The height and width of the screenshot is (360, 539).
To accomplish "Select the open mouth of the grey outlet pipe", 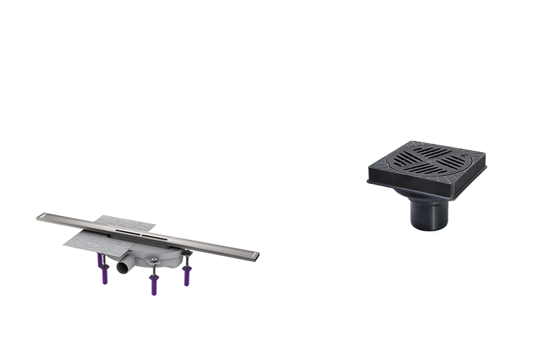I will (121, 268).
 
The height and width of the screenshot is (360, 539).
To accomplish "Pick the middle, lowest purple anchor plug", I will (153, 284).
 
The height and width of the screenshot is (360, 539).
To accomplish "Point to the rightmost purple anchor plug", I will (187, 274).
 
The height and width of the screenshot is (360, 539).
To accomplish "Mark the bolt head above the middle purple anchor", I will (153, 264).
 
